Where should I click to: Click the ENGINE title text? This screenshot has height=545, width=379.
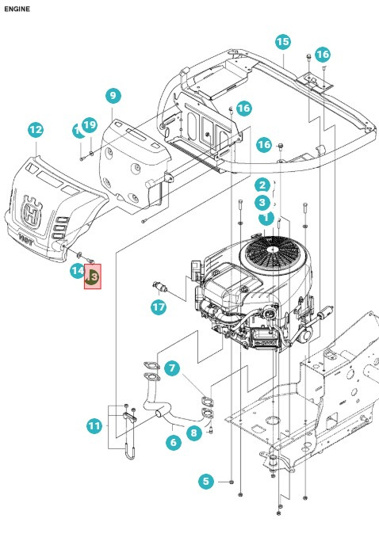pyautogui.click(x=17, y=9)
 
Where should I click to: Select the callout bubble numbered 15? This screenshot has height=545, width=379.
pyautogui.click(x=282, y=42)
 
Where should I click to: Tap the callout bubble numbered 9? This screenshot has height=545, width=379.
pyautogui.click(x=113, y=96)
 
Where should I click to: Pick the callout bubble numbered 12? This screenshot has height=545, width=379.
pyautogui.click(x=35, y=129)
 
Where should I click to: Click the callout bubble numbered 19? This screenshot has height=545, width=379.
pyautogui.click(x=89, y=125)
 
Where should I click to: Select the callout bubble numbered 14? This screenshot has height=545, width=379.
pyautogui.click(x=77, y=271)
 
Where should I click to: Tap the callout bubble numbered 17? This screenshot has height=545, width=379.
pyautogui.click(x=159, y=307)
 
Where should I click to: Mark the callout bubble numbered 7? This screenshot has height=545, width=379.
pyautogui.click(x=172, y=368)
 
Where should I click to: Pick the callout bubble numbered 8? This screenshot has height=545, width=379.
pyautogui.click(x=193, y=433)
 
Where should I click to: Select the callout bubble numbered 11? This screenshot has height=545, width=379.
pyautogui.click(x=94, y=426)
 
